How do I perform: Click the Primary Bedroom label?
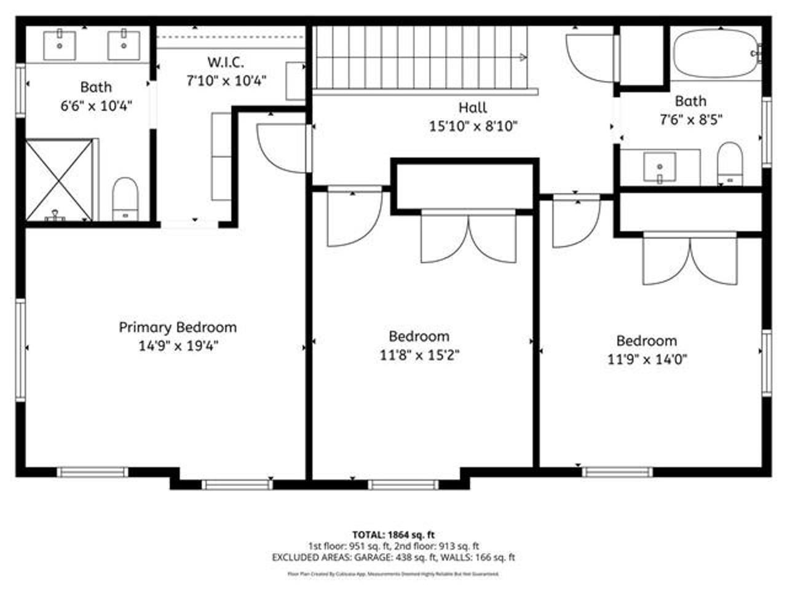(x=177, y=328)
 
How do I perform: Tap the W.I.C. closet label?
(x=226, y=62)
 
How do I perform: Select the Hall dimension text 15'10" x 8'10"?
(x=473, y=127)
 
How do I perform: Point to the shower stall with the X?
(x=60, y=179)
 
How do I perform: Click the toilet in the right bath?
(x=730, y=163)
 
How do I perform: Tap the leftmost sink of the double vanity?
(x=60, y=46)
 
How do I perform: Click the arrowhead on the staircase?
(x=523, y=58)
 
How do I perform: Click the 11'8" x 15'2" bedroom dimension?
(x=419, y=355)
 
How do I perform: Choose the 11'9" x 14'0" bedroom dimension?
(x=647, y=359)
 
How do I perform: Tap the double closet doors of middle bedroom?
(x=469, y=238)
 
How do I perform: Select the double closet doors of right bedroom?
(x=690, y=261)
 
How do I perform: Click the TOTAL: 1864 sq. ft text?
(x=393, y=535)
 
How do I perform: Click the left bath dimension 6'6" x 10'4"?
(x=96, y=106)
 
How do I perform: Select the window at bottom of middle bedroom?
(x=403, y=484)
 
